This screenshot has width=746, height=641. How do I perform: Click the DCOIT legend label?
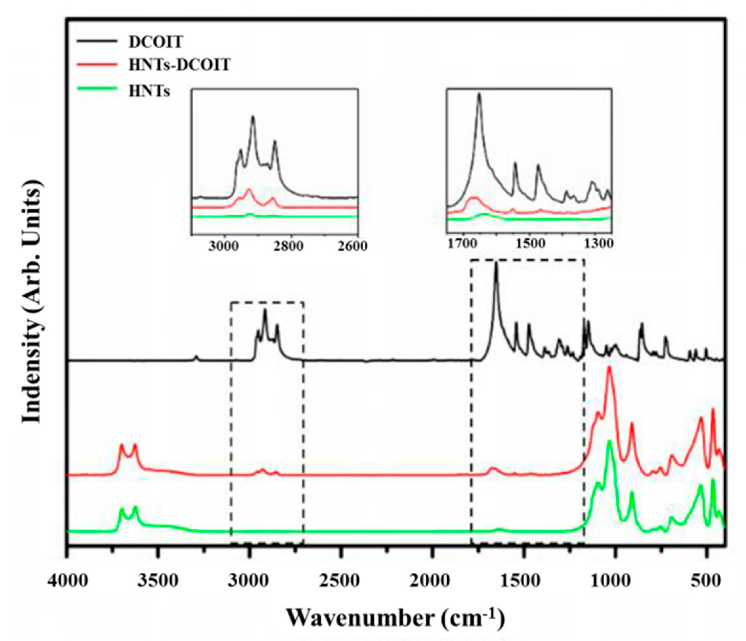click(156, 42)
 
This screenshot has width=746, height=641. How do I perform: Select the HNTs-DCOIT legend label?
click(179, 66)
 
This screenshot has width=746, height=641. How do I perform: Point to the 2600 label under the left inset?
click(352, 246)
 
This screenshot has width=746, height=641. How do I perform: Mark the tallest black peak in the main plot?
click(496, 264)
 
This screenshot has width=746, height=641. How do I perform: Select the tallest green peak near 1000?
click(609, 441)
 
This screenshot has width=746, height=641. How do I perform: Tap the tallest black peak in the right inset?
click(479, 94)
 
